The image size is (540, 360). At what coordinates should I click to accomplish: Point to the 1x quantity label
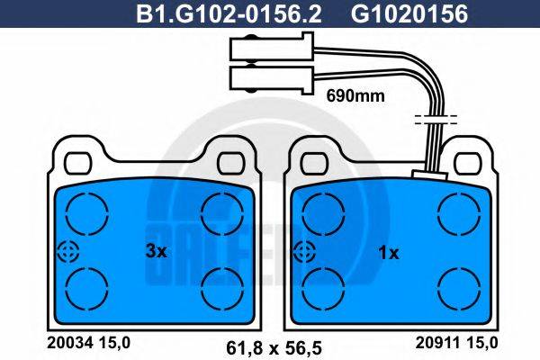click(389, 254)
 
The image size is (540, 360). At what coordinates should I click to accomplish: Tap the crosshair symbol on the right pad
click(304, 252)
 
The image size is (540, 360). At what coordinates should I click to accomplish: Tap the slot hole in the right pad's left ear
click(312, 162)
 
